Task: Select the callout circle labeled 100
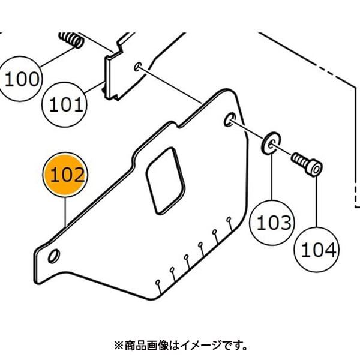click(22, 78)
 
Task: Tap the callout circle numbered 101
click(65, 106)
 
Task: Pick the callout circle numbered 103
click(274, 223)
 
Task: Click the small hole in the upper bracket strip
click(138, 65)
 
